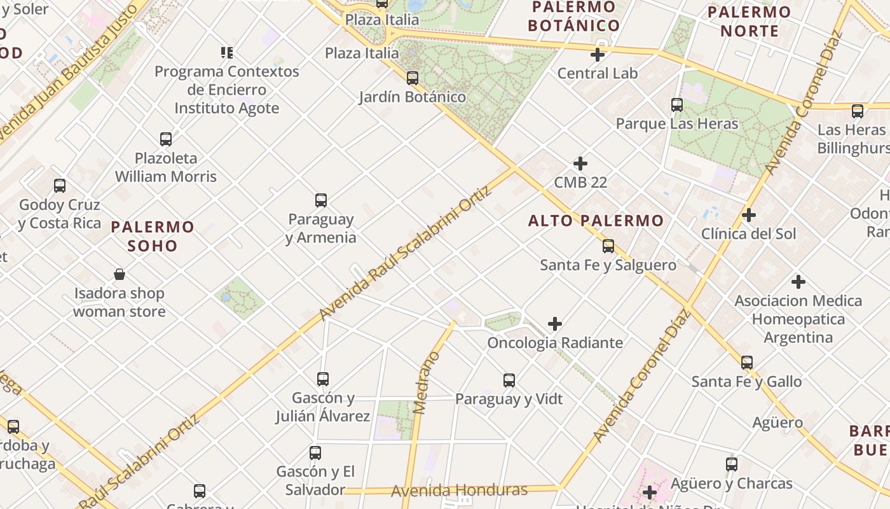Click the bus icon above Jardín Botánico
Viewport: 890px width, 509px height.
(413, 78)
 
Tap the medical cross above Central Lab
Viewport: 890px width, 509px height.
(598, 55)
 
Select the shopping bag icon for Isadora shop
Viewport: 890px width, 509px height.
(120, 274)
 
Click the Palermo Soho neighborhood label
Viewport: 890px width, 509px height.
(153, 236)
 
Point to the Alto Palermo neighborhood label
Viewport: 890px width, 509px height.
(596, 221)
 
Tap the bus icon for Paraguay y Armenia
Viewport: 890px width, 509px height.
(321, 200)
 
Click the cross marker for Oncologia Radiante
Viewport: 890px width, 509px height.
(555, 324)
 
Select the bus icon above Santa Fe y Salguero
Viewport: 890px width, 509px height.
(608, 246)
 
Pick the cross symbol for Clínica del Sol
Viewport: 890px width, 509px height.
(749, 215)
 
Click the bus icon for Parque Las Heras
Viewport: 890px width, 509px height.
(677, 105)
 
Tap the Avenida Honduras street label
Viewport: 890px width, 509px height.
(459, 491)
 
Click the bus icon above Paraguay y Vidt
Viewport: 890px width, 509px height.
(509, 380)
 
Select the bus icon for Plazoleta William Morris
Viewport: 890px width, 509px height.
(166, 139)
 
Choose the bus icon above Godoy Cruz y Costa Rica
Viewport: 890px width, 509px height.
(60, 186)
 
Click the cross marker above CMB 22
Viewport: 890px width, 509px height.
(580, 164)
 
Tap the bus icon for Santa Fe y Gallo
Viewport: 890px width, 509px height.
(747, 363)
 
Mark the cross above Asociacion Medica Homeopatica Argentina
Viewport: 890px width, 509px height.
(798, 281)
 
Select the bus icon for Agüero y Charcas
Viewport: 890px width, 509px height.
(732, 464)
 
